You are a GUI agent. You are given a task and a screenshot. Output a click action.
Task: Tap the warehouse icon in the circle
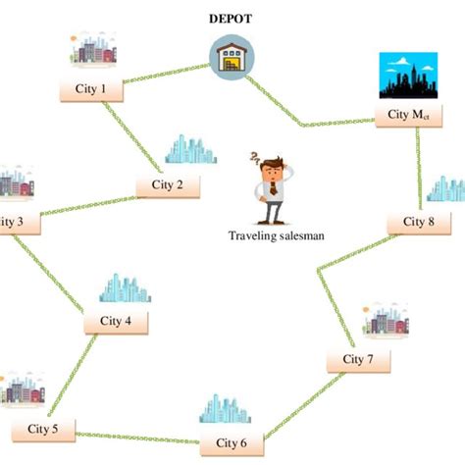232,60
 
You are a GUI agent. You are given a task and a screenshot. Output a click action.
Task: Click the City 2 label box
167,183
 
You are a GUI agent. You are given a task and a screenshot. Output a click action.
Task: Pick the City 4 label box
116,321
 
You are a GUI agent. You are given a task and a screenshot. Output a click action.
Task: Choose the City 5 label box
44,429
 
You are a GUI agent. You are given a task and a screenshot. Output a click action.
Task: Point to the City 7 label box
358,359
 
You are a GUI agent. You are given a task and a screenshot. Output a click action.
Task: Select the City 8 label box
418,222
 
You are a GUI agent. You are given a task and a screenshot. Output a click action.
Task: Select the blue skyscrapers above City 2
190,149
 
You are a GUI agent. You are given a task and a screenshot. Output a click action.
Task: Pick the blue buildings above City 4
125,287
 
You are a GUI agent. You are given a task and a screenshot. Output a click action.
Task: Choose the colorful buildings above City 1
93,54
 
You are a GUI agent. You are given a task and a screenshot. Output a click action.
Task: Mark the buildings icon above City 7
384,320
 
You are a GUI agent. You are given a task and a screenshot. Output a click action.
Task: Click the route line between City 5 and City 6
137,437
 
